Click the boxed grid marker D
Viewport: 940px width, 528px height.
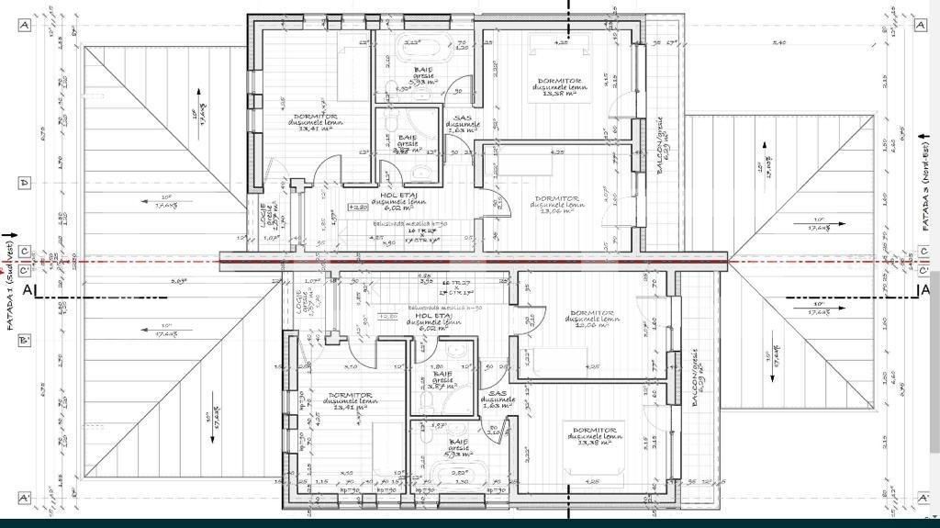point(24,183)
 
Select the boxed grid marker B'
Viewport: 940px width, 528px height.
point(24,341)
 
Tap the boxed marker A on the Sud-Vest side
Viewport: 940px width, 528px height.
point(24,26)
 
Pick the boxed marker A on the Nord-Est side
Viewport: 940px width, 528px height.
point(920,26)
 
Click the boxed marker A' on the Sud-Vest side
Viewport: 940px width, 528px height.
point(24,499)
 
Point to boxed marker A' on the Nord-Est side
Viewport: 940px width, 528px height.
point(920,499)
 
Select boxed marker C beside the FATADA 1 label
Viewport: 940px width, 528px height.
point(24,251)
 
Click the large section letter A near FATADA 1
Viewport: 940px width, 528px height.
point(28,291)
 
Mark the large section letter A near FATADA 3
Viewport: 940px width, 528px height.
point(924,291)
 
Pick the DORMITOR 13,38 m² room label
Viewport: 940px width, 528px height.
point(594,433)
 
